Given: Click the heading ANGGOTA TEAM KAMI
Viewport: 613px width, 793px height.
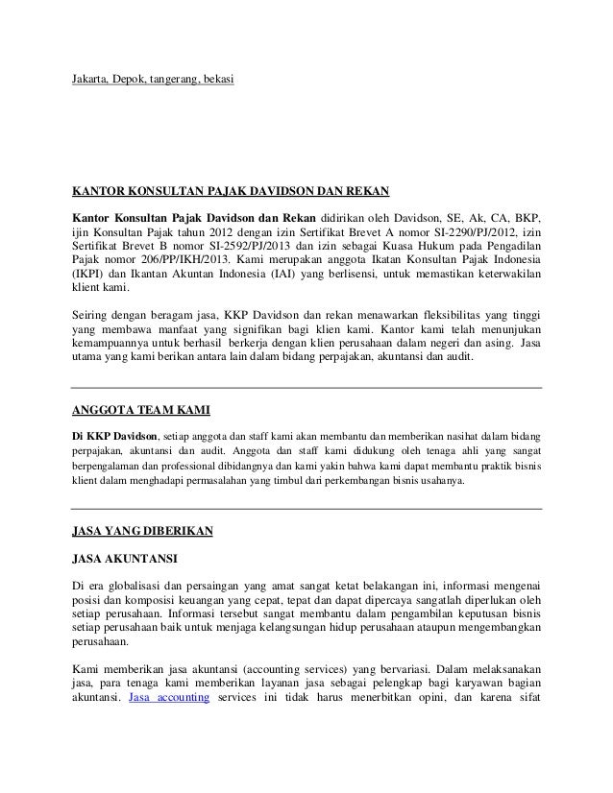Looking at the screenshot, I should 135,414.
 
